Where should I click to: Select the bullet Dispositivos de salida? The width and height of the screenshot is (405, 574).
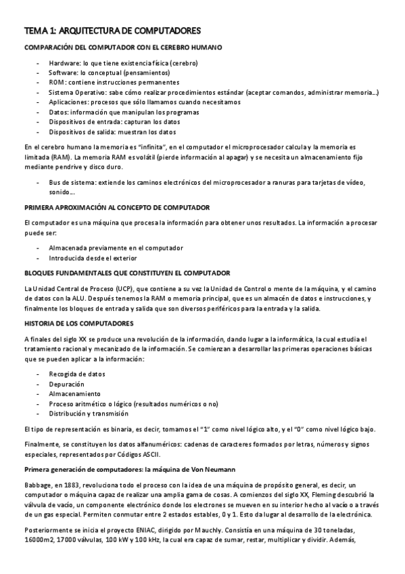(x=112, y=132)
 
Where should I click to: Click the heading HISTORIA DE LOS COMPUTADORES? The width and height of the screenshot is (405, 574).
(x=79, y=324)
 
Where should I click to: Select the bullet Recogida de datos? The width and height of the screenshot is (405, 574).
(x=77, y=374)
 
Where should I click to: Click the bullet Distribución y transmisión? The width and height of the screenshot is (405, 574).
(x=89, y=414)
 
